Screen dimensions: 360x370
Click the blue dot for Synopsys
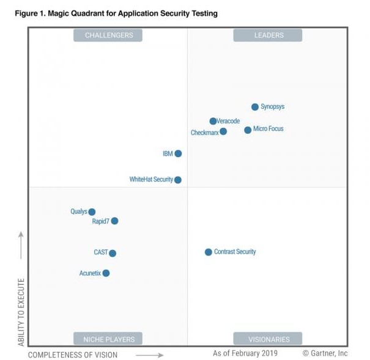point(255,107)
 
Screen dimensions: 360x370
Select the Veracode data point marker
point(213,121)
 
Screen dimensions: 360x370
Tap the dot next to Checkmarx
point(223,131)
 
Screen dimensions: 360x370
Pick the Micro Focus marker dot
point(248,130)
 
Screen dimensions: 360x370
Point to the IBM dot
point(178,153)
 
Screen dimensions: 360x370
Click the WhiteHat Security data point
point(178,180)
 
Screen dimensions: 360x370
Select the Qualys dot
point(92,212)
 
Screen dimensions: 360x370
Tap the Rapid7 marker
point(114,221)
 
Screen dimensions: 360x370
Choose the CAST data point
point(113,253)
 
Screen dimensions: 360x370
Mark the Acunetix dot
point(106,273)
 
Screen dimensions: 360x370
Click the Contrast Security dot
point(209,252)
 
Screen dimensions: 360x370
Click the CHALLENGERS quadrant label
point(108,35)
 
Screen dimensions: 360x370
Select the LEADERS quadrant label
point(268,35)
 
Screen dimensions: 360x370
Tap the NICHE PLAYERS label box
point(108,339)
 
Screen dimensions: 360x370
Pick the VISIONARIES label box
point(268,339)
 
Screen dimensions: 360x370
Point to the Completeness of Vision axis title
point(73,354)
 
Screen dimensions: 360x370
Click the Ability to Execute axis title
point(21,312)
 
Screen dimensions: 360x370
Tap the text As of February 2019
point(245,353)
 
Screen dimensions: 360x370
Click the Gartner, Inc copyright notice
point(325,353)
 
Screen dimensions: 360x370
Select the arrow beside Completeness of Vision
point(149,354)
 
